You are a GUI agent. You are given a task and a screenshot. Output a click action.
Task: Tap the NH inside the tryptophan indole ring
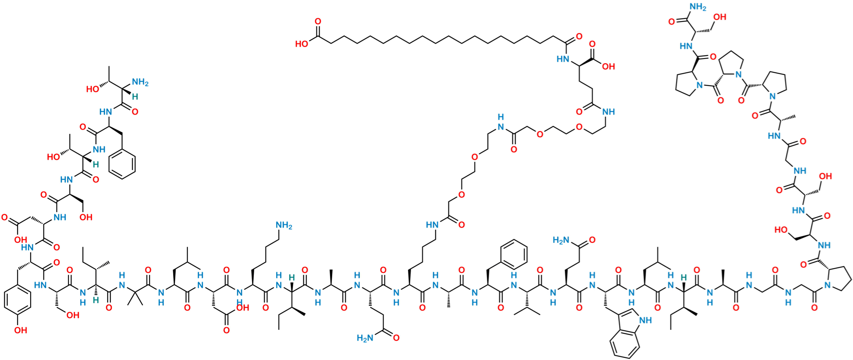646,320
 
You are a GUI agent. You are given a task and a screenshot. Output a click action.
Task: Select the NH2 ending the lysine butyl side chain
284,225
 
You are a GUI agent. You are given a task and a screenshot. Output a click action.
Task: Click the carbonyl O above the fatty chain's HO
318,20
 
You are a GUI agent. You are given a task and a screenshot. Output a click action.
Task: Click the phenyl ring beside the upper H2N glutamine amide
513,252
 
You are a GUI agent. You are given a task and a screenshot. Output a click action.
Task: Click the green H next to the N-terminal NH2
135,97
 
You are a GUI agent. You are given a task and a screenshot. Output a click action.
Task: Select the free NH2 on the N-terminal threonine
140,82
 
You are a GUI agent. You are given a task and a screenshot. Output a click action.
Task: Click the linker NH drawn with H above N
501,122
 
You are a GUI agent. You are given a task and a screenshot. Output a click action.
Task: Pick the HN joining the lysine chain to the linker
432,224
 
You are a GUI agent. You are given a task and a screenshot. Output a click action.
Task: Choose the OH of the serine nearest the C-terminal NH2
720,17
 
